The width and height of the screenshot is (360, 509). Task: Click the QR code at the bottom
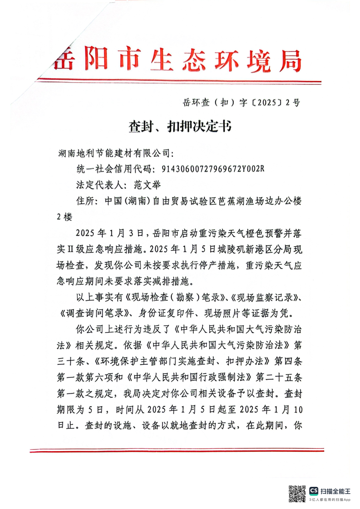(x=297, y=493)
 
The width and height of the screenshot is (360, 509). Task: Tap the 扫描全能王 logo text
(x=336, y=491)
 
